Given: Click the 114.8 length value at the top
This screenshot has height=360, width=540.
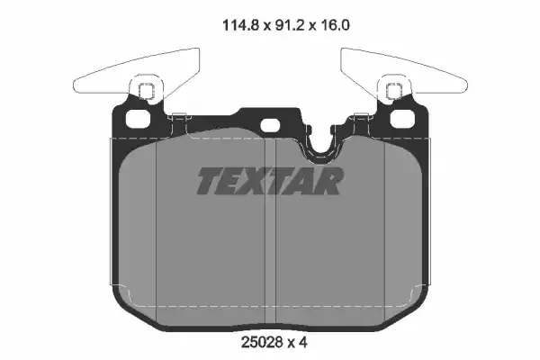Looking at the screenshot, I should tap(220, 26).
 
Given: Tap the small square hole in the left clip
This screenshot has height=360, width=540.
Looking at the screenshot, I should tap(146, 90).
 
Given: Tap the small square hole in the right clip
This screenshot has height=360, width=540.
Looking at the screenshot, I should tap(392, 90).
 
